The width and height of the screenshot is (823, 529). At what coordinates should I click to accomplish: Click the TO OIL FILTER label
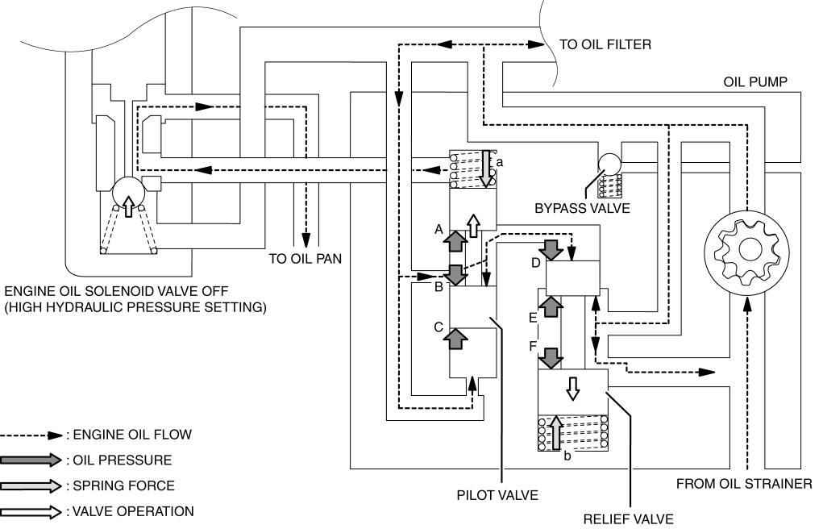[x=605, y=44]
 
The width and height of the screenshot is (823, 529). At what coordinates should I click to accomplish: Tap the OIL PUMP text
[x=755, y=82]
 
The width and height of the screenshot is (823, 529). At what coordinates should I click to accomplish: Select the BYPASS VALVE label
[x=582, y=209]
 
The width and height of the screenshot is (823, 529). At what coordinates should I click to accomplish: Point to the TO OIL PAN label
[x=305, y=259]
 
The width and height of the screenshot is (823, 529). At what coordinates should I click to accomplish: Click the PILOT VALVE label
[x=497, y=495]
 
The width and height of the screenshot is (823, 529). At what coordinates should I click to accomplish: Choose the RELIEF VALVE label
[x=628, y=519]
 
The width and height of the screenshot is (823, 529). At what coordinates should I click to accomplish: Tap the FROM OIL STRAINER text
[x=744, y=484]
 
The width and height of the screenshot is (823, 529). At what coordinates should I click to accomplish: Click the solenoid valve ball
[x=128, y=193]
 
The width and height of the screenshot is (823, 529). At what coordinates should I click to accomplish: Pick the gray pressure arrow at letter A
[x=455, y=243]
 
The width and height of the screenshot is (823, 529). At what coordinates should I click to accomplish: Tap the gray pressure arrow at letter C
[x=455, y=339]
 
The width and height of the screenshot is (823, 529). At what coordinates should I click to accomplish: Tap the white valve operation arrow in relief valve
[x=572, y=389]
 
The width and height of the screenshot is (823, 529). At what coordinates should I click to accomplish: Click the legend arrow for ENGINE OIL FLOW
[x=31, y=435]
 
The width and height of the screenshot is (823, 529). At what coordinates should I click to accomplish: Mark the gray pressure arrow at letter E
[x=551, y=306]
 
